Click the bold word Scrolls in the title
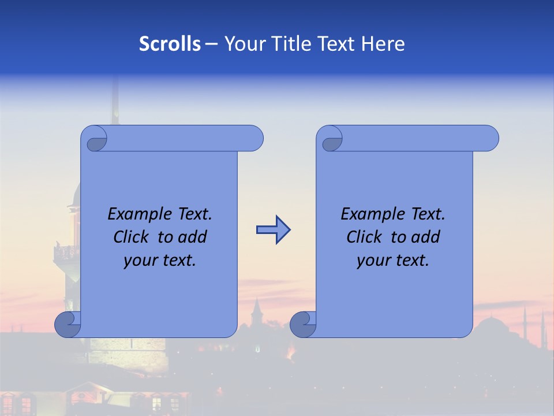click(170, 44)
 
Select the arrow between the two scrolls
click(273, 230)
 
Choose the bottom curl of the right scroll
click(303, 324)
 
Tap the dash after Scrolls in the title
click(212, 44)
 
